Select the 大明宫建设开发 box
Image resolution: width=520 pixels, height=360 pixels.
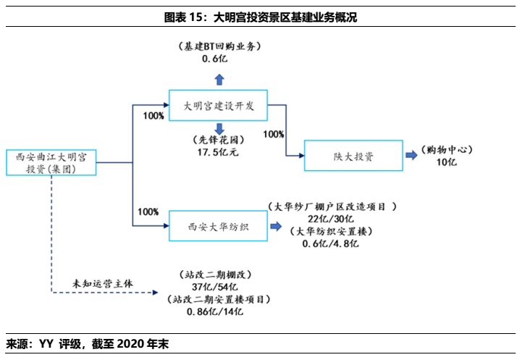click(217, 106)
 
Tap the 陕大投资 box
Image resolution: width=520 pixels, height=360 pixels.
click(353, 156)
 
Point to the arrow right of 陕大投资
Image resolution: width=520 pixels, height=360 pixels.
click(411, 155)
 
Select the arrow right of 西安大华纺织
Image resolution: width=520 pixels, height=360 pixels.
click(276, 226)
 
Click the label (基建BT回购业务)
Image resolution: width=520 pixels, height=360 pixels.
click(219, 46)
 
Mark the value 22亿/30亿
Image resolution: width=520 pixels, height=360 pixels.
click(330, 219)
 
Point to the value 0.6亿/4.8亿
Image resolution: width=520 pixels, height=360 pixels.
click(330, 243)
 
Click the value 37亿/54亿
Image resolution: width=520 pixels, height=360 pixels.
click(216, 287)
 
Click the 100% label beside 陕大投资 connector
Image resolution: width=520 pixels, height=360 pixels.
click(274, 135)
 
